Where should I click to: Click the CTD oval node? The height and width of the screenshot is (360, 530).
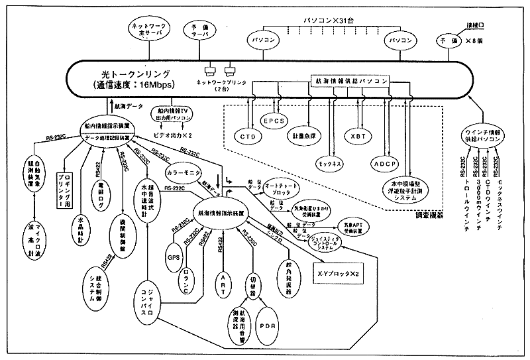coord(248,135)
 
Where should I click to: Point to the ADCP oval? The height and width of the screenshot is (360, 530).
coord(383,160)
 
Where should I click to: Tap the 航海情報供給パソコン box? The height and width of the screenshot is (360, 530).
coord(350,80)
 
